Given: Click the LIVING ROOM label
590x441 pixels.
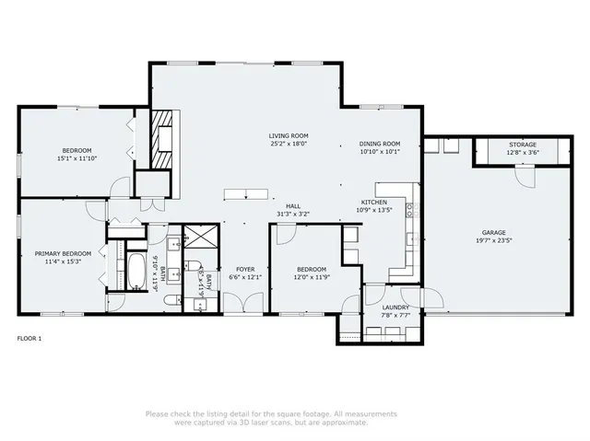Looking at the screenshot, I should click(288, 134).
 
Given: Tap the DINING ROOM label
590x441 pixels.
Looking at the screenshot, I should click(379, 144).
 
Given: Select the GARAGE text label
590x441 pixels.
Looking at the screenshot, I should click(493, 233).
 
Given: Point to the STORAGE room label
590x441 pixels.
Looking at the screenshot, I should click(522, 145).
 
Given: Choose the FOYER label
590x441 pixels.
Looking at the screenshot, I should click(244, 269).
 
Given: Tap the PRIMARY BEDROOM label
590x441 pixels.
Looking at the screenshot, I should click(63, 253).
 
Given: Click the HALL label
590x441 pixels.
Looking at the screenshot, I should click(293, 206).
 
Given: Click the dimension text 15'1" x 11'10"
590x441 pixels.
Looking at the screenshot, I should click(77, 158).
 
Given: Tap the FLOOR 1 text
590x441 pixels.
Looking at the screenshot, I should click(29, 339).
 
